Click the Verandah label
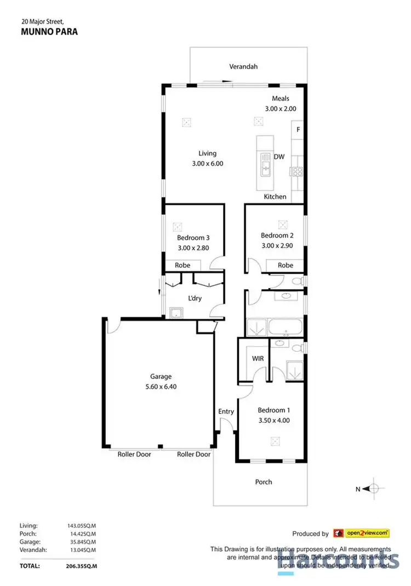point(243,67)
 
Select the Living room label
point(207,153)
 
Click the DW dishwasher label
point(279,157)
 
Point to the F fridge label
point(298,130)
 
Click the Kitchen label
point(275,196)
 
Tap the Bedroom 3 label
point(193,238)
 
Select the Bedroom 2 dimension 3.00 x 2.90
point(277,246)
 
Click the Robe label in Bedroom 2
point(285,265)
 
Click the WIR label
point(258,358)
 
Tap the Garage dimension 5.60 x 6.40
point(161,386)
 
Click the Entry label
point(226,411)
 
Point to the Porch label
point(264,482)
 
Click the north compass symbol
point(373,489)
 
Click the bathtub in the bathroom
point(285,329)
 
